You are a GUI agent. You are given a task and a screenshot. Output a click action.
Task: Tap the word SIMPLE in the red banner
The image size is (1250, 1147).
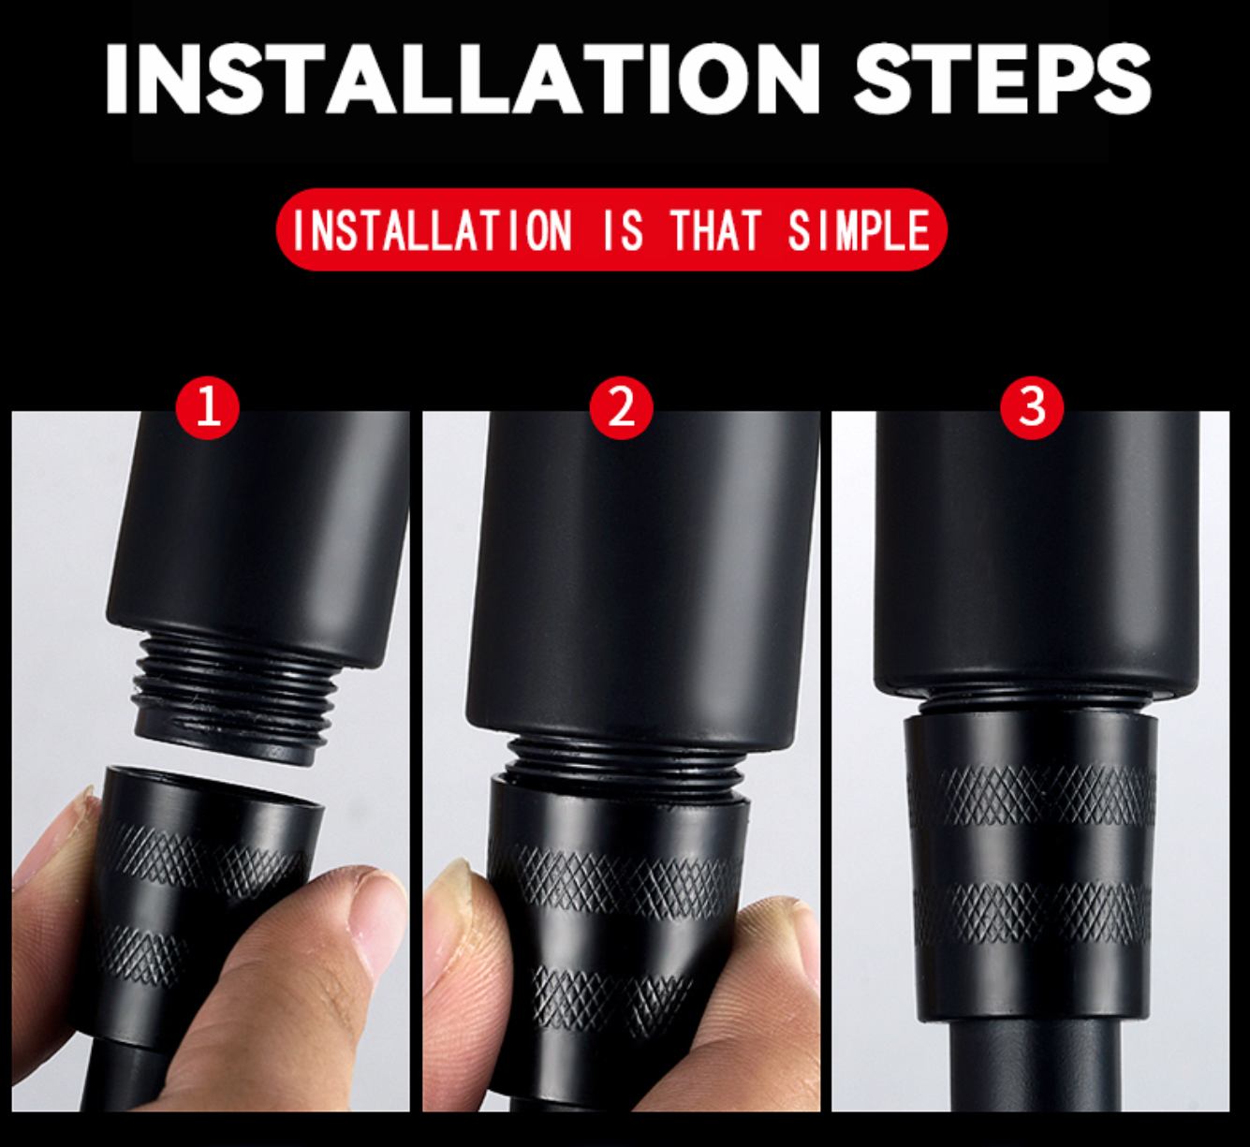pos(860,230)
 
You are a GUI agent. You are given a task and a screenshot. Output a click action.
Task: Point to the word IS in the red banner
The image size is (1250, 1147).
pos(623,230)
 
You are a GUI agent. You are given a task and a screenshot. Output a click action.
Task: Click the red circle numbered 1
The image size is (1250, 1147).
pos(208,407)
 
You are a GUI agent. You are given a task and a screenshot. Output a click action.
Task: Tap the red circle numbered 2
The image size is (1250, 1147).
pos(622,407)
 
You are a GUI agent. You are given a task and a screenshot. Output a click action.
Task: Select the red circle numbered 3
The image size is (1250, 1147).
pos(1032,407)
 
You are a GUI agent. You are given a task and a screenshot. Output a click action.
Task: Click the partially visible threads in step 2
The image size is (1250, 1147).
pos(624,757)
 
